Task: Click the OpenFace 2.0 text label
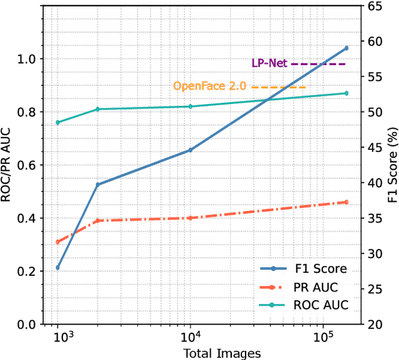[x=209, y=86]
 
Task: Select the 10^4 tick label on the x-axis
[x=190, y=337]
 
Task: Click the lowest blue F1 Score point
[x=58, y=268]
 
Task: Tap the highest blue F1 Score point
[x=347, y=48]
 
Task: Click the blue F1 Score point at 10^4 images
[x=190, y=150]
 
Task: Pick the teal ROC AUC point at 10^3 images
[x=58, y=122]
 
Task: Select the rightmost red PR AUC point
[x=347, y=202]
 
